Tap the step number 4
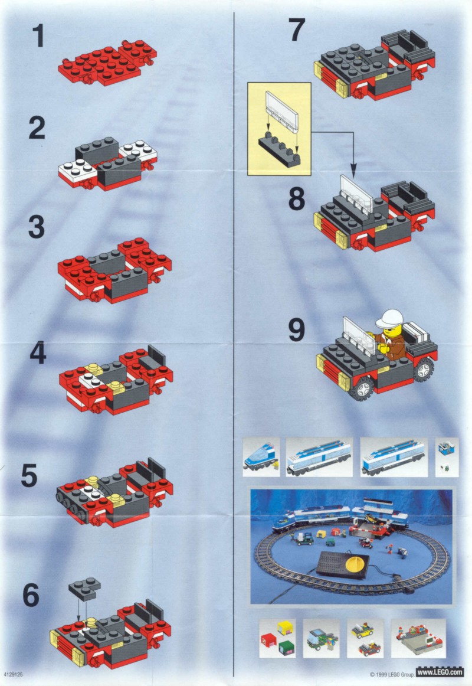(x=38, y=354)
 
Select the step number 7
(x=297, y=30)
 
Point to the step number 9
(x=297, y=330)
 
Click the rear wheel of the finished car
(x=424, y=370)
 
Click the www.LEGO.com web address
(x=440, y=672)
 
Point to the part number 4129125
(x=14, y=674)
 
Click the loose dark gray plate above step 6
(x=84, y=588)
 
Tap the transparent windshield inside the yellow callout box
(x=282, y=111)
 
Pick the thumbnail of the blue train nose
(x=261, y=457)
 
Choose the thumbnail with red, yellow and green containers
(x=277, y=638)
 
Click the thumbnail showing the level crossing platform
(x=418, y=638)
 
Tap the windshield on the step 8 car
(x=356, y=195)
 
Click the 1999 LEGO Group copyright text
(x=392, y=674)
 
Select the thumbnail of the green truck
(x=321, y=638)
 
